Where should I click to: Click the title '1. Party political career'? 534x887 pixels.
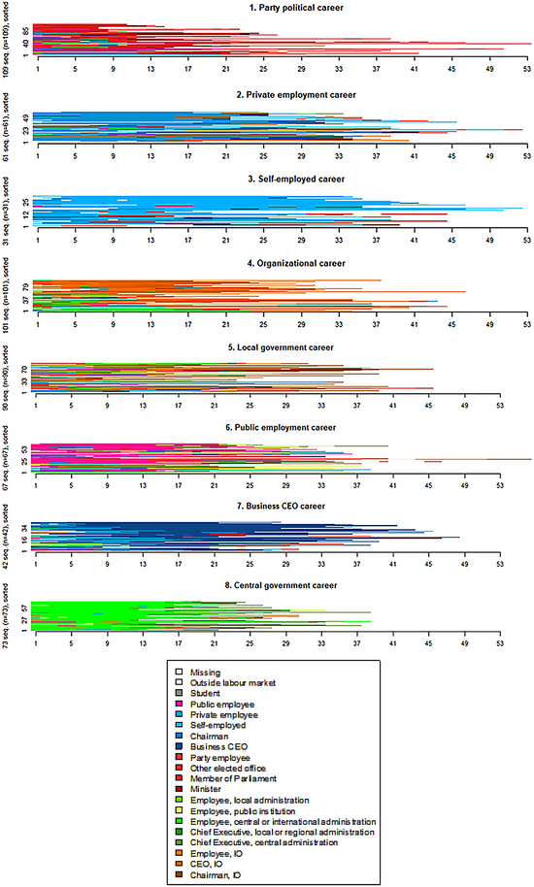pos(281,8)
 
